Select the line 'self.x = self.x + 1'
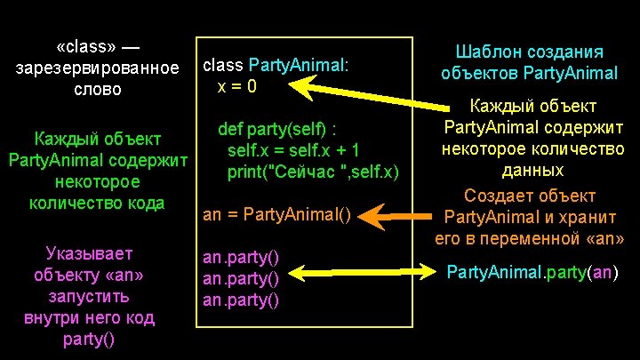coord(292,149)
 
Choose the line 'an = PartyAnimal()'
coord(278,214)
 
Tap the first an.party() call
coord(241,258)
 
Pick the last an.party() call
coord(241,300)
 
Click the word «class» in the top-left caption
coord(86,47)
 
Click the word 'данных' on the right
coord(533,169)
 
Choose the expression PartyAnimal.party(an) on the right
coord(532,272)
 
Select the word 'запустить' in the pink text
coord(89,296)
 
